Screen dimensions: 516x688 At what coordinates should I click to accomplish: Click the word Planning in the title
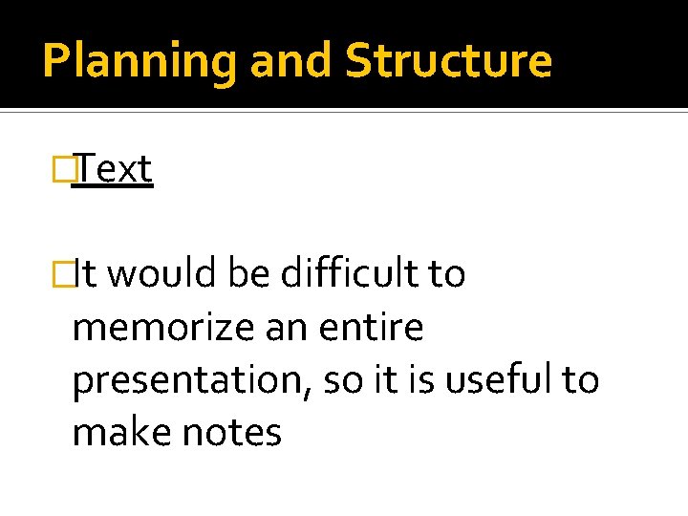tap(140, 60)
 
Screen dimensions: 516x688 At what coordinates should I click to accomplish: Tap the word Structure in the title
tap(448, 60)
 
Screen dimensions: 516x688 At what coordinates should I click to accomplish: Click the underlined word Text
tap(113, 169)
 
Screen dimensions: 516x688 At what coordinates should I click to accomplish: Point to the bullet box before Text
tap(65, 170)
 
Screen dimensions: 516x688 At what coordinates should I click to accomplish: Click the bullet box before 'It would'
tap(65, 275)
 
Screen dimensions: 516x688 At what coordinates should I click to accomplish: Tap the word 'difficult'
tap(349, 275)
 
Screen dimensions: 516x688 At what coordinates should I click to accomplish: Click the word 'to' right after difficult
tap(445, 275)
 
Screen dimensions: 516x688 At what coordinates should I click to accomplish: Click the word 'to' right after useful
tap(579, 380)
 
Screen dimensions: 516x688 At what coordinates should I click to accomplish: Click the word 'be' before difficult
tap(250, 275)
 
